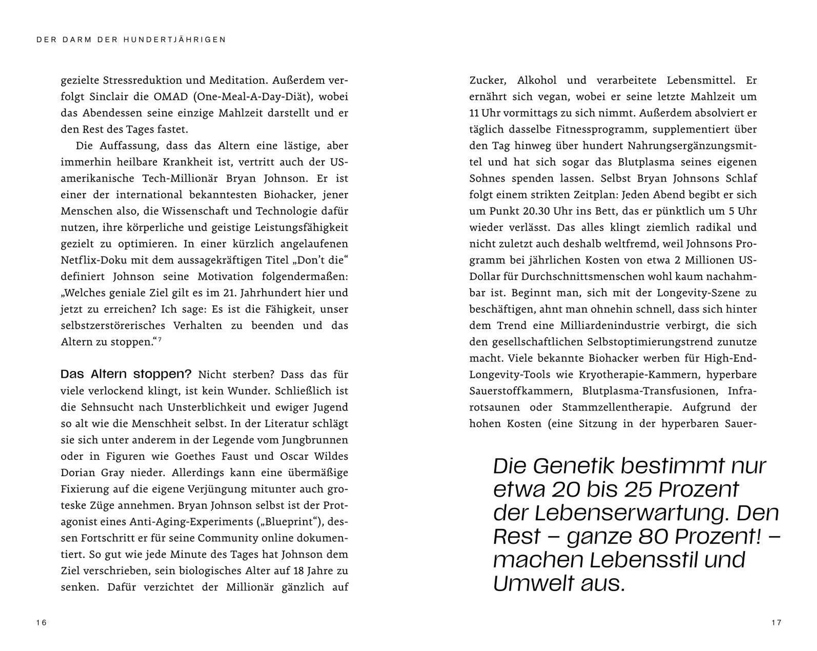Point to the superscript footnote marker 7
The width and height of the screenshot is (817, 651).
pos(160,339)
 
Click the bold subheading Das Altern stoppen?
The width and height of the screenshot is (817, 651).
pos(126,374)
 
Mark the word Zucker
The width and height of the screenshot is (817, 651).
pos(488,80)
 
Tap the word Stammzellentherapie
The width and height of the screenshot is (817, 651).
pos(616,407)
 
